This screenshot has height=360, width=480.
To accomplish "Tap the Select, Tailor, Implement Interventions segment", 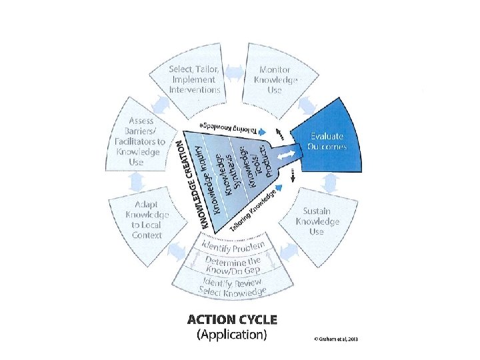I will [x=195, y=79].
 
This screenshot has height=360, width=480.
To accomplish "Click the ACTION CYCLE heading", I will [x=232, y=319].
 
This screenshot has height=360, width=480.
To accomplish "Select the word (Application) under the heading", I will [x=232, y=335].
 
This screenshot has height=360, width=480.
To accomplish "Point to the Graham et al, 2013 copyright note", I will [x=336, y=339].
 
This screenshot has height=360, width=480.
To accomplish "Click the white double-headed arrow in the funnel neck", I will [x=285, y=155].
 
